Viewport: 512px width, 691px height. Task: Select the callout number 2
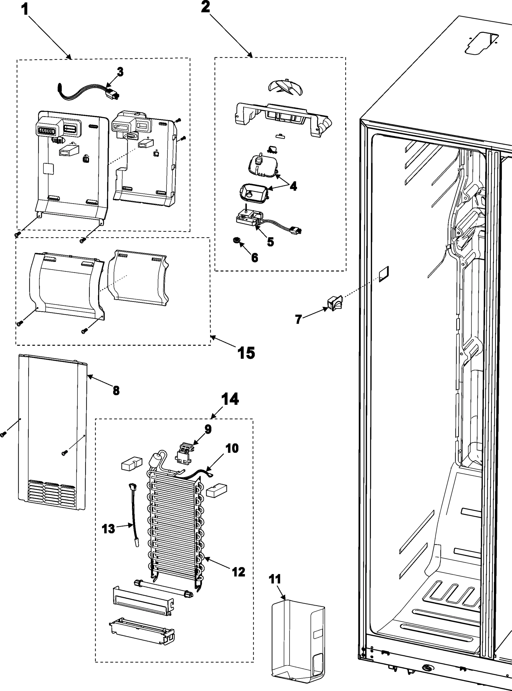point(205,7)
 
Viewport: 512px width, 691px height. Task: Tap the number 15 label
point(246,353)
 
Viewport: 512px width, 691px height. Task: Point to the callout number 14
point(230,399)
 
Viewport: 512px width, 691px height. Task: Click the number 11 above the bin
point(275,579)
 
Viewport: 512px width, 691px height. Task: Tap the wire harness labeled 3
point(90,92)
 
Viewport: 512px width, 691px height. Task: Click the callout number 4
point(293,186)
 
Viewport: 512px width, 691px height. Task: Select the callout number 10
point(232,448)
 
